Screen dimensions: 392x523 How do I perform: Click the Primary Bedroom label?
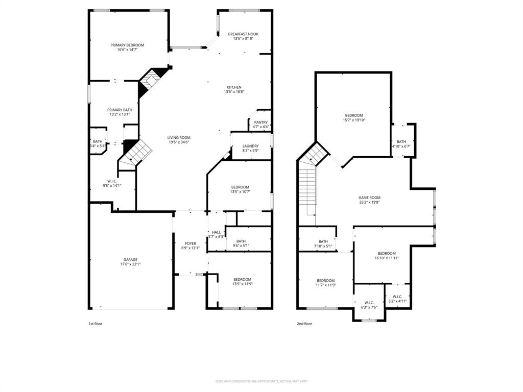(127, 45)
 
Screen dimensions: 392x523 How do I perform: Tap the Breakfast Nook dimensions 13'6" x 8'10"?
(244, 39)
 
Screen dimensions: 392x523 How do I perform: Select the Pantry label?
(261, 122)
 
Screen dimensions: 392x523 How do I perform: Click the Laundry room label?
(250, 146)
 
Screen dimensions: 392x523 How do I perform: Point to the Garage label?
(130, 259)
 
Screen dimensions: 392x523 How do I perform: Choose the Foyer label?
(190, 243)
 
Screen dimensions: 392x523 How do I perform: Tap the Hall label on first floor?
(216, 232)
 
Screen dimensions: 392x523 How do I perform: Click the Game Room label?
(369, 198)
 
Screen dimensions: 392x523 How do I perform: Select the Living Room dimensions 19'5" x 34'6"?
(178, 142)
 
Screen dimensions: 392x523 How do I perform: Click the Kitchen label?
(234, 87)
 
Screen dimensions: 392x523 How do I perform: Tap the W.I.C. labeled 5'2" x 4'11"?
(397, 297)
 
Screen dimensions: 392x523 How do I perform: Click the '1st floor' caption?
(95, 324)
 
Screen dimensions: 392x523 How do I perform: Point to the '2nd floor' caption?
(304, 324)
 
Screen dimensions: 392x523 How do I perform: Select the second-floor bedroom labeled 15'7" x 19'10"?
(353, 115)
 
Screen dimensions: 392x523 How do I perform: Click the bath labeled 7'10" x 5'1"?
(323, 241)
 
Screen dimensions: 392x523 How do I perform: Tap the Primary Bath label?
(120, 110)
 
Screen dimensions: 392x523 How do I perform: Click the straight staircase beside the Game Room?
(307, 191)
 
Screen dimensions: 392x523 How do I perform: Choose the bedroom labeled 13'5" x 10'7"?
(240, 187)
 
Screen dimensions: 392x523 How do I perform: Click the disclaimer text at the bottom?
(261, 381)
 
